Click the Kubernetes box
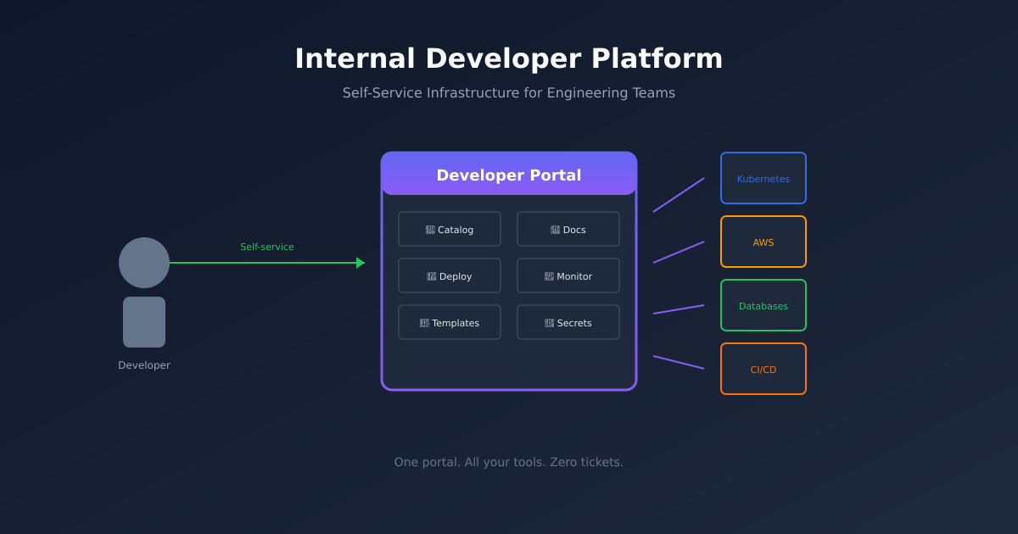coord(763,178)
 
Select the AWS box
coord(763,242)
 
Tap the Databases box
coord(763,305)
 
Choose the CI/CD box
coord(763,369)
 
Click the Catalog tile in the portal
coord(450,229)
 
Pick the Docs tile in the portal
coord(568,229)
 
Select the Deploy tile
coord(450,275)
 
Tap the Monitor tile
coord(568,275)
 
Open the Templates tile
coord(450,322)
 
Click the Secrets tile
coord(568,322)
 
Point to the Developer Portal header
coord(509,175)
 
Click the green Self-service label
coord(266,247)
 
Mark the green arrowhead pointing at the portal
coord(361,263)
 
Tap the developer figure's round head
coord(144,263)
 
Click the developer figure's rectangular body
coord(144,322)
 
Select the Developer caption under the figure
coord(144,365)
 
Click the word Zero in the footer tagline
coord(566,462)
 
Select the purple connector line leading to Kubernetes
coord(679,195)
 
